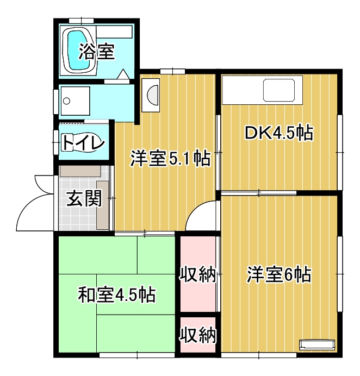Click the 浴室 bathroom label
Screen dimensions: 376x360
[x=96, y=52]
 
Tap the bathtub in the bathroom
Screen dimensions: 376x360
[x=79, y=50]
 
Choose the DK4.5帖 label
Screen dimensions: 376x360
[x=278, y=133]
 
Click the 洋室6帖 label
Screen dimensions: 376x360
[x=278, y=275]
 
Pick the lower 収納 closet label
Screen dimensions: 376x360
[x=198, y=335]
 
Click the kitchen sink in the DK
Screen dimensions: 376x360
[x=281, y=91]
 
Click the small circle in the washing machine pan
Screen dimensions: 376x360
[x=67, y=101]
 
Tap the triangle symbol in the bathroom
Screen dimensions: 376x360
[x=123, y=74]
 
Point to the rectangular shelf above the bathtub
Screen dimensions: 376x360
[x=116, y=32]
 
